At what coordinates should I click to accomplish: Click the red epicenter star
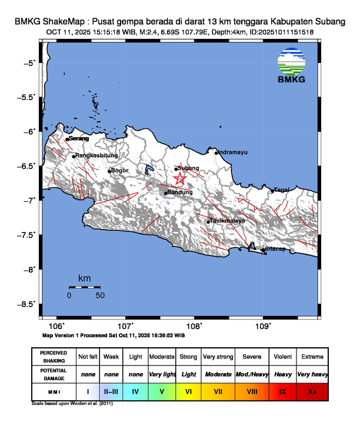180,180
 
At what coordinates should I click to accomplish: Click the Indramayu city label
233,152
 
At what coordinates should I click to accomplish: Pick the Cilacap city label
275,249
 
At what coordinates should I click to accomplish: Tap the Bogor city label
121,171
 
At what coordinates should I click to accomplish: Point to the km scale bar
84,287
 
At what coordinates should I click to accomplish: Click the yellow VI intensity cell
189,390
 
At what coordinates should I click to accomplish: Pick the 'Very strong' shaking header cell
218,357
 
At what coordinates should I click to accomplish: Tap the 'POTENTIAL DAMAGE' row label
54,374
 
